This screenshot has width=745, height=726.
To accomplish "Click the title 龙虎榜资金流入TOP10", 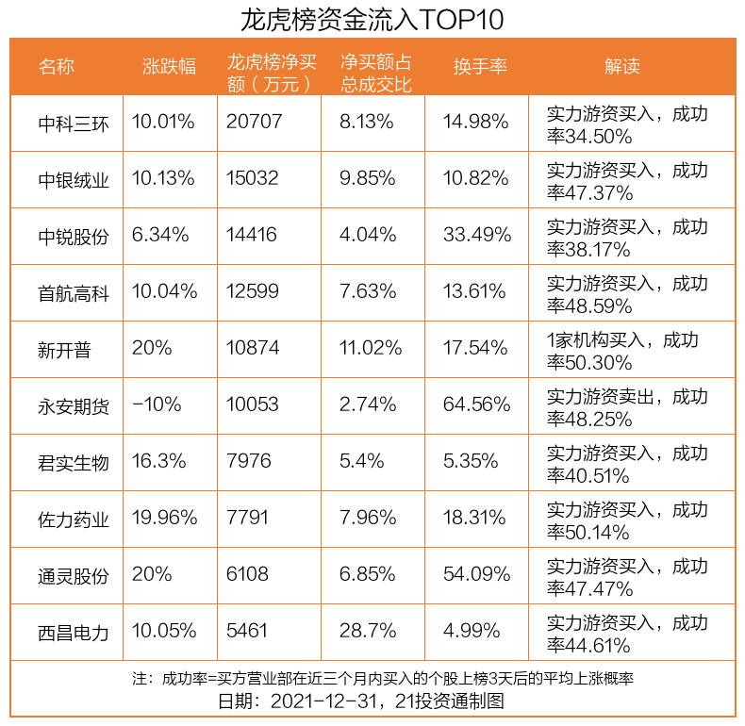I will coord(372,19).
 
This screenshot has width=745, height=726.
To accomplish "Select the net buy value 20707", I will coord(253,123).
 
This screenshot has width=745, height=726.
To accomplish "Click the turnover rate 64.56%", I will coord(476,405).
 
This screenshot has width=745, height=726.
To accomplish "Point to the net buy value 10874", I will coord(253,349).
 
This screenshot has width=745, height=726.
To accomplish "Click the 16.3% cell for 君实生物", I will coord(159,462).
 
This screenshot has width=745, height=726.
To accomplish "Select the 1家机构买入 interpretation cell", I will coord(628,350).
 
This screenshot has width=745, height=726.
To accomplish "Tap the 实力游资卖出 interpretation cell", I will coord(628,406).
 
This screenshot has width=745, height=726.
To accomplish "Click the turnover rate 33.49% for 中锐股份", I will coord(476,236).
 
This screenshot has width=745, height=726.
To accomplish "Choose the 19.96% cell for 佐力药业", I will coord(165,519).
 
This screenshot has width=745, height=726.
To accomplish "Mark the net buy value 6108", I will coord(248,575).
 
